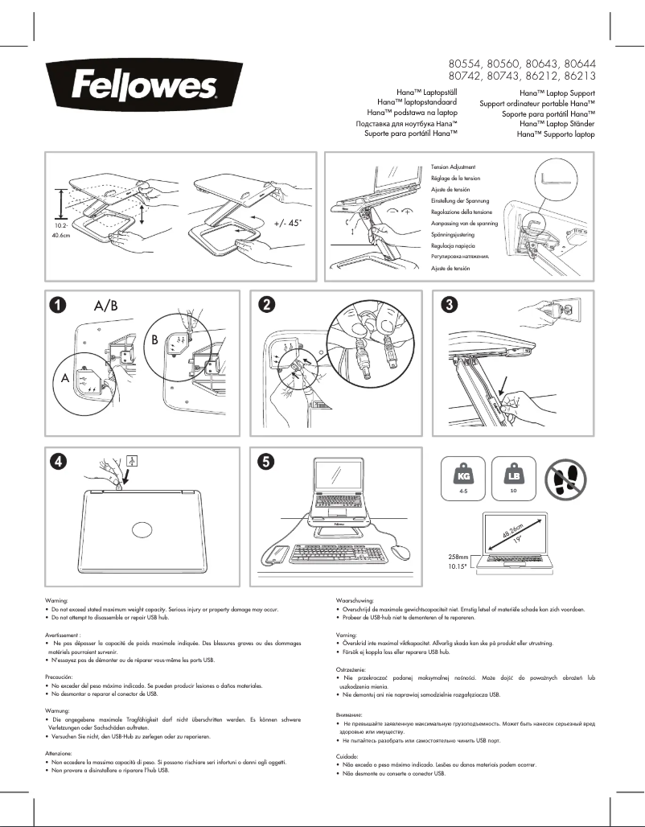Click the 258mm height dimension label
tap(458, 556)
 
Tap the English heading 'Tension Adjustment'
tap(454, 166)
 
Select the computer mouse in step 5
tap(401, 553)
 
